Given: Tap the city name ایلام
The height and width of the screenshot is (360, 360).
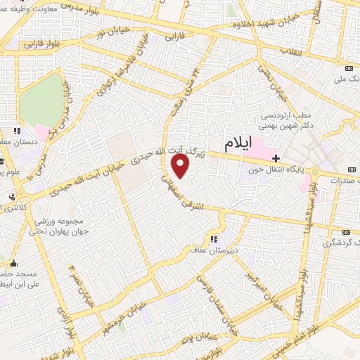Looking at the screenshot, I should click(238, 146).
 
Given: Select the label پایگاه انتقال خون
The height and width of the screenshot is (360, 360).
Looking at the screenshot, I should click(278, 169).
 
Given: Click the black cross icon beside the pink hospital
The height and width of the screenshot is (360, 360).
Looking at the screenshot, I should click(276, 157).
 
